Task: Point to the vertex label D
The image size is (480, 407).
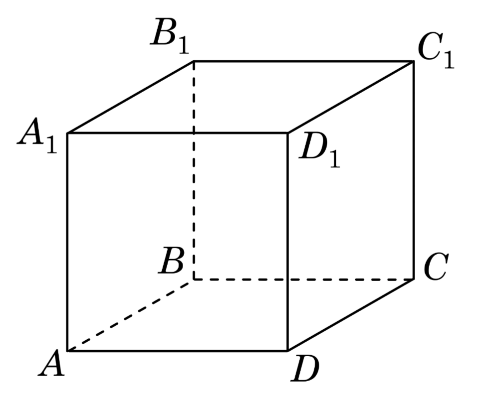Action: [x=305, y=370]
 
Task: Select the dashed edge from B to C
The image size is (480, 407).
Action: [x=303, y=279]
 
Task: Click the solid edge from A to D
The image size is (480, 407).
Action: [x=177, y=351]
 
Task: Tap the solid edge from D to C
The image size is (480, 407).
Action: [x=350, y=315]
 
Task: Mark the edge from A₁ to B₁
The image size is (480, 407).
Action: [x=131, y=97]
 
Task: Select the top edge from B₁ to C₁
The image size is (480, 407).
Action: [x=303, y=62]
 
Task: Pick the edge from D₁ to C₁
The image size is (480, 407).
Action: [x=350, y=97]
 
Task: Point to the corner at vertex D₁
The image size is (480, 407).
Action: [x=287, y=133]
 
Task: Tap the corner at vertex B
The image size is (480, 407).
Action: [x=194, y=279]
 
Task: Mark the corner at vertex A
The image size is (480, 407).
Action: [x=68, y=351]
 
